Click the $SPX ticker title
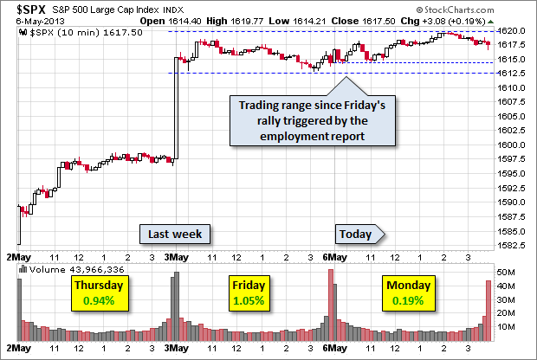23,10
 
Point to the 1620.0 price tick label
508,31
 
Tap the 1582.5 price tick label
508,246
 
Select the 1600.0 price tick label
508,145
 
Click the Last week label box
175,234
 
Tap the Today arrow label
358,234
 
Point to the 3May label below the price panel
177,257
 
